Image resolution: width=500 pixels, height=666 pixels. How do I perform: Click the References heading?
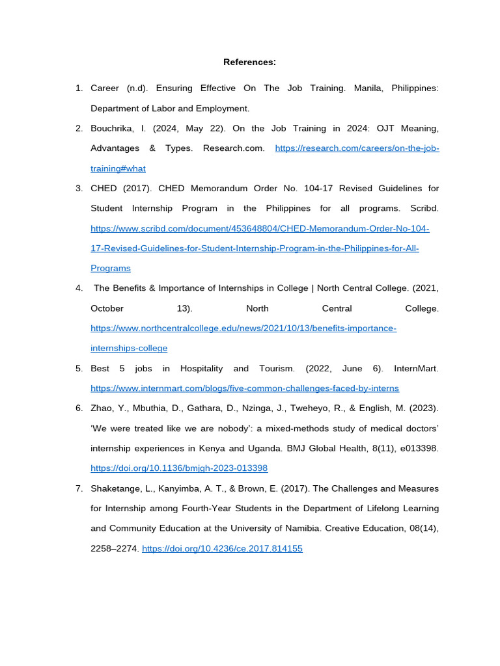coord(249,62)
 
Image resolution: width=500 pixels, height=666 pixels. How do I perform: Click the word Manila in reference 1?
coord(367,88)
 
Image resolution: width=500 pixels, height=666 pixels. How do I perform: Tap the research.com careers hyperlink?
coord(357,148)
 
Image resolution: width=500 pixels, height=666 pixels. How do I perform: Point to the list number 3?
coord(79,189)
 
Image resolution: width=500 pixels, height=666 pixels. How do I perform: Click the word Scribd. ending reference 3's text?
coord(424,208)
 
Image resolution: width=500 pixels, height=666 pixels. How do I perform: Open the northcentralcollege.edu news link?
coord(243,328)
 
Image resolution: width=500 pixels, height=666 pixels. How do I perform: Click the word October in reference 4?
coord(107,308)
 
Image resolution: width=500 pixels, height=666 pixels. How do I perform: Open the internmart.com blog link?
coord(245,388)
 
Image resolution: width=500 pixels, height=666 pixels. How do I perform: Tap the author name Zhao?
coord(102,408)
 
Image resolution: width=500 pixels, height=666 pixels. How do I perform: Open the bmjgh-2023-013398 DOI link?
coord(179,468)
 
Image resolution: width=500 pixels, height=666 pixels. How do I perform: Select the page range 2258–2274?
coord(115,548)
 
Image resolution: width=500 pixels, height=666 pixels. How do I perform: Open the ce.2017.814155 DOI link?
coord(222,548)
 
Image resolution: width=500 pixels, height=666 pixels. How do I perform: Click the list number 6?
coord(79,408)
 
